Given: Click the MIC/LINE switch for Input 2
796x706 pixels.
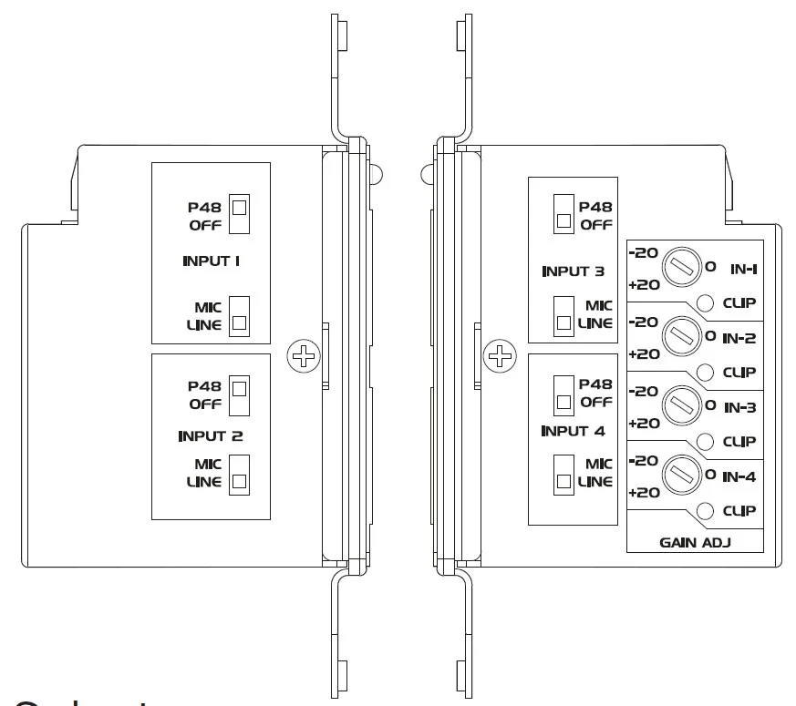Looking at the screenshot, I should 239,474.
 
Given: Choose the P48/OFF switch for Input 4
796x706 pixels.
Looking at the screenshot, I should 564,394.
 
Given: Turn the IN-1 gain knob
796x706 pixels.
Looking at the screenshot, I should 680,265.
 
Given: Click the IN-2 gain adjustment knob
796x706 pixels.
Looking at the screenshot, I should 680,335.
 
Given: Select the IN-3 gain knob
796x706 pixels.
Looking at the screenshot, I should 680,404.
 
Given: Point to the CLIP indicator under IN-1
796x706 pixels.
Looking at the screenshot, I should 706,303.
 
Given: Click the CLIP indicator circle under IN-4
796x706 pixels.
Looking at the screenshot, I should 706,511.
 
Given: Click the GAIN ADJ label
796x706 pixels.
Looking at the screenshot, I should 698,542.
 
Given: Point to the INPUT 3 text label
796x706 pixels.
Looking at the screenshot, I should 574,271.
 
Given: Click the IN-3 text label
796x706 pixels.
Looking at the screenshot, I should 739,408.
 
